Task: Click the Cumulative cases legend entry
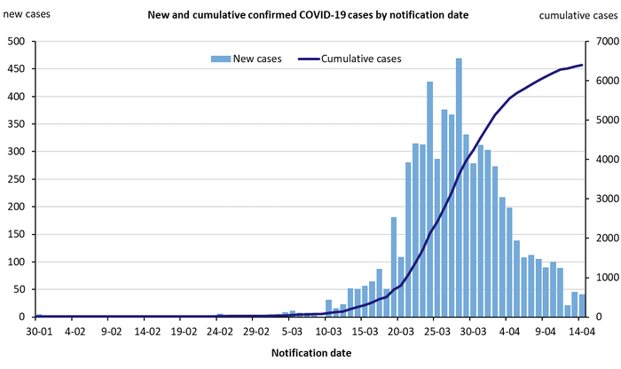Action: point(350,59)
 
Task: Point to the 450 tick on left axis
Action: point(16,68)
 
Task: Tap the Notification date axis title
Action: point(310,352)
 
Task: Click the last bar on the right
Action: point(582,305)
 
